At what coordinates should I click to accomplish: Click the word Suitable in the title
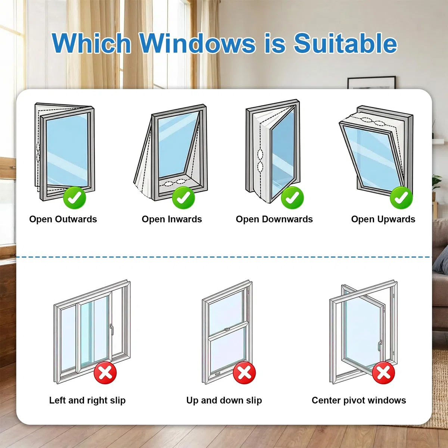(345, 43)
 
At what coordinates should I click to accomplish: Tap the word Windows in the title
(198, 43)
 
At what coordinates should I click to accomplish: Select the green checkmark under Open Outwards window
(75, 198)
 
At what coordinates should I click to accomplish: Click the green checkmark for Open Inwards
(183, 198)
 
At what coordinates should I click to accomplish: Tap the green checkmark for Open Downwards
(292, 198)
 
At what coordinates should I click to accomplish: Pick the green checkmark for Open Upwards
(401, 198)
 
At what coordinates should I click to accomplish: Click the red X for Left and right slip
(105, 373)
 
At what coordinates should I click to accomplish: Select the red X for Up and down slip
(244, 373)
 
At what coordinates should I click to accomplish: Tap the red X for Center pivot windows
(383, 373)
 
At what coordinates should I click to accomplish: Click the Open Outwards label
(63, 219)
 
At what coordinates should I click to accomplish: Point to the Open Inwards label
(172, 219)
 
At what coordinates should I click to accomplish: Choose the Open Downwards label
(274, 219)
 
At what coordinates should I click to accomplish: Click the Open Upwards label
(383, 219)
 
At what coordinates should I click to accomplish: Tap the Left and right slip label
(87, 400)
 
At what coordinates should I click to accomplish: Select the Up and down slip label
(224, 400)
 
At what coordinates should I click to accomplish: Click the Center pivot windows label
(359, 400)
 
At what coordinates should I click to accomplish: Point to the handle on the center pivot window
(380, 346)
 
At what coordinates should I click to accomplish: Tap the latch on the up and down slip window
(227, 329)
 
